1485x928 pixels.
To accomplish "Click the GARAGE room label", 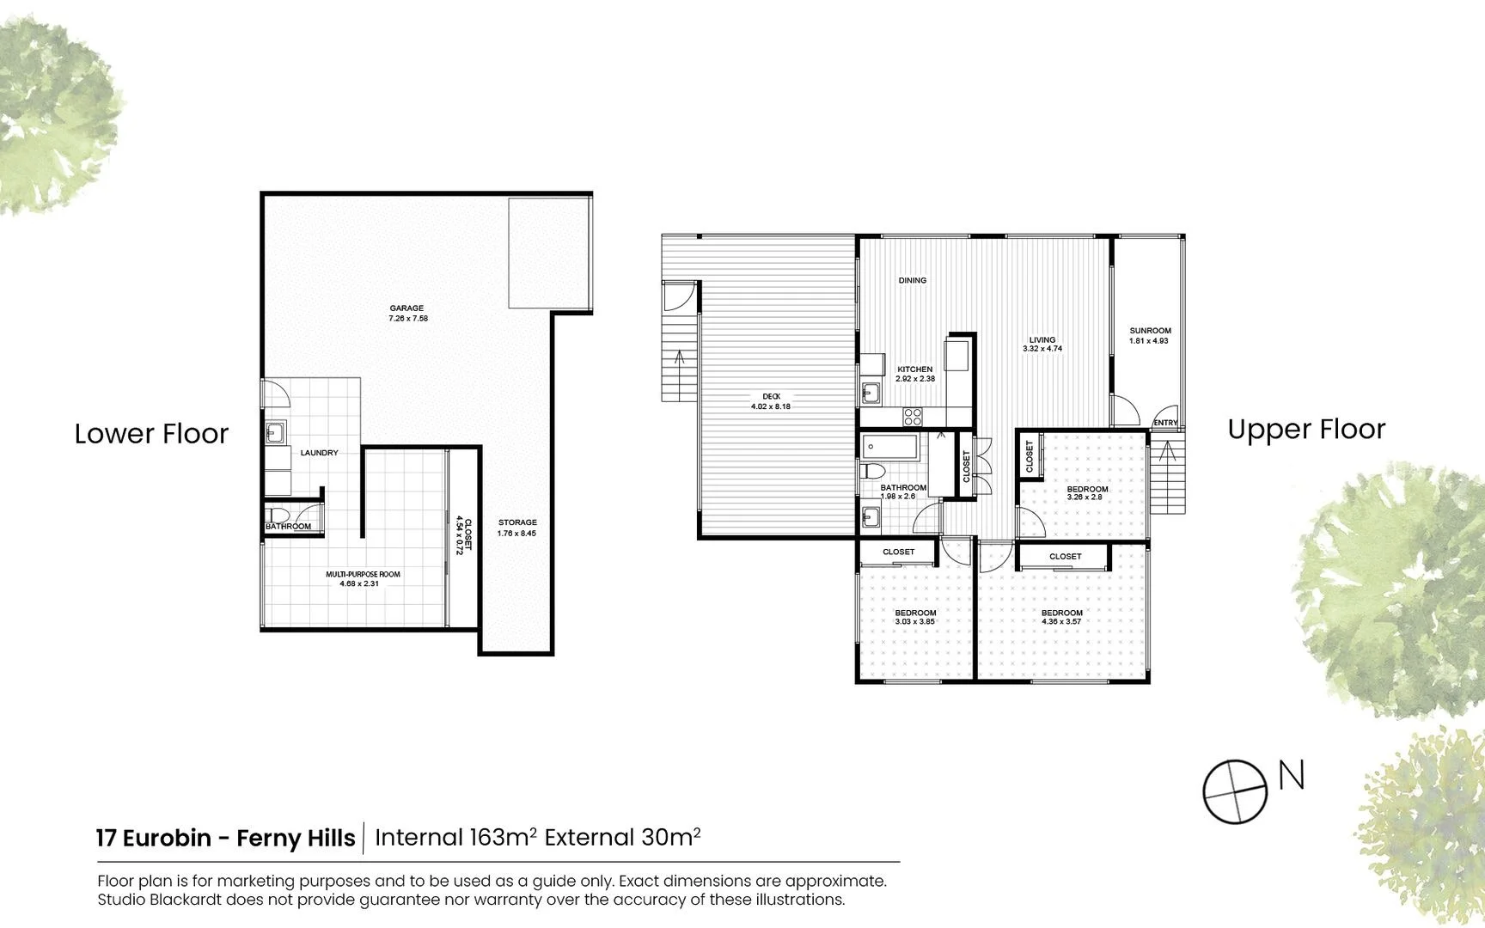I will (406, 308).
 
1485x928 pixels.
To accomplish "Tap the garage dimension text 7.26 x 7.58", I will (408, 319).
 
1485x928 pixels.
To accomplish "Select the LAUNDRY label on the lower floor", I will (319, 453).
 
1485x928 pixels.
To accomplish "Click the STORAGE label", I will (517, 522).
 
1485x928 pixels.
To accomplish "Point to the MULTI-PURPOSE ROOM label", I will (363, 574).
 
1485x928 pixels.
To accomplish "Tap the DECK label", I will (771, 396).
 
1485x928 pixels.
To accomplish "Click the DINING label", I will (913, 280).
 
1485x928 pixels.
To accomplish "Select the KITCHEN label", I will (914, 369).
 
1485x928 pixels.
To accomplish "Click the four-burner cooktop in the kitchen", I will (913, 418).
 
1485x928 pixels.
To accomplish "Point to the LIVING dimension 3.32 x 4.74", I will (1042, 349).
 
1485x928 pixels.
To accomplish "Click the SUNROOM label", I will (1150, 331).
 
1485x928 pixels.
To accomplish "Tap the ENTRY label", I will (1165, 423).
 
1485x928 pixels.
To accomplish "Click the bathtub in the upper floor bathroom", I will (891, 447).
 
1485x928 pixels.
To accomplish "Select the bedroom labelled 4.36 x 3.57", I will (1061, 617).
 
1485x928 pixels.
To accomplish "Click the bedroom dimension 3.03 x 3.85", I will (914, 622).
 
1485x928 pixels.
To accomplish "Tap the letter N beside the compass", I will (1292, 775).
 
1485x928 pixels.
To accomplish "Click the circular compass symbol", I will (1235, 791).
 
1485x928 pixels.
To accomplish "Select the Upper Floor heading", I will (1306, 429).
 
